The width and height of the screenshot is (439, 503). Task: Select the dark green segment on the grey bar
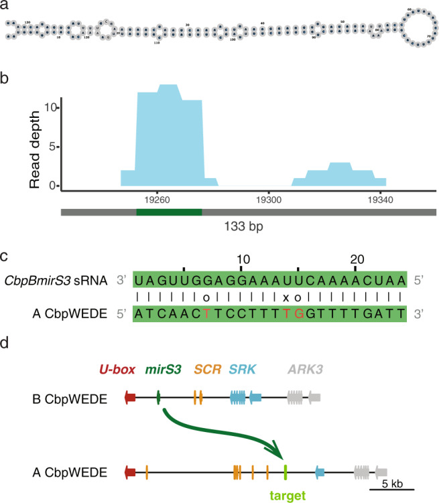point(169,212)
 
